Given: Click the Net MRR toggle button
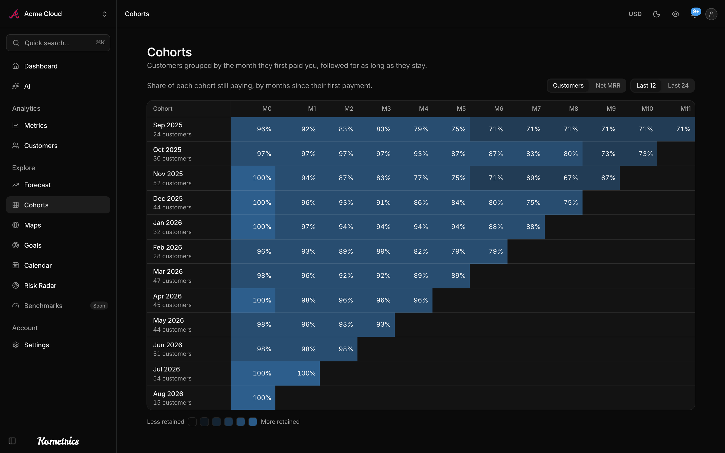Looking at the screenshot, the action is pos(608,86).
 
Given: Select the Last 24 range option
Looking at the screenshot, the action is pos(678,86).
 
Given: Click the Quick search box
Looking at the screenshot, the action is pos(58,43).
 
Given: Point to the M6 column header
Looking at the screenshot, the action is pos(498,109).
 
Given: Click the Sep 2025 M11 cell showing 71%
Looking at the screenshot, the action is pos(676,129).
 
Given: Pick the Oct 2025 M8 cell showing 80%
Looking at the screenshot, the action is pos(564,154).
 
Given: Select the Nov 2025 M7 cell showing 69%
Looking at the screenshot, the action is pos(526,178).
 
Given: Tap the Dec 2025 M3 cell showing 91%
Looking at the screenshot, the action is pos(376,203).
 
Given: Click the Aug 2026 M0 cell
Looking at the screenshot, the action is pos(253,398).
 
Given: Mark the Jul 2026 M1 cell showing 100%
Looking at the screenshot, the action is pos(298,373).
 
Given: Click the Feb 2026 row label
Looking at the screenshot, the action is pos(172,251).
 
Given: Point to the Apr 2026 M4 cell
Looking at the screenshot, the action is pos(414,300).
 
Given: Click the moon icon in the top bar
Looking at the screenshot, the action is pos(656,14).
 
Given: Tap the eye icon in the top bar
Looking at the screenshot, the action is pos(676,14).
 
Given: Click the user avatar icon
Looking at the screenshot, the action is pos(711,14).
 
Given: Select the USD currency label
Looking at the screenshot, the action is pos(635,14).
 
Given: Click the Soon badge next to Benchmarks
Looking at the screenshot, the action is pos(99,306).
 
